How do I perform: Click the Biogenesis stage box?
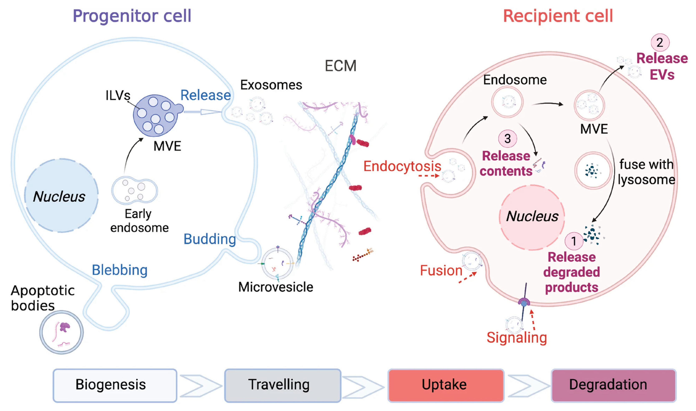click(x=115, y=385)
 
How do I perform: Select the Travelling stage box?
click(x=282, y=385)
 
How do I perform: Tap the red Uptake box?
click(x=445, y=385)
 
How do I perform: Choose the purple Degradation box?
click(x=613, y=385)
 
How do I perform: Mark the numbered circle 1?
click(x=574, y=241)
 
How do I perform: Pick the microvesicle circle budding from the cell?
click(x=277, y=263)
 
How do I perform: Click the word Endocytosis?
click(x=402, y=166)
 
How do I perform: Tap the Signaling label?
click(x=517, y=338)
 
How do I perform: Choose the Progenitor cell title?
click(x=132, y=16)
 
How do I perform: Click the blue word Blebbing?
click(x=120, y=270)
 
